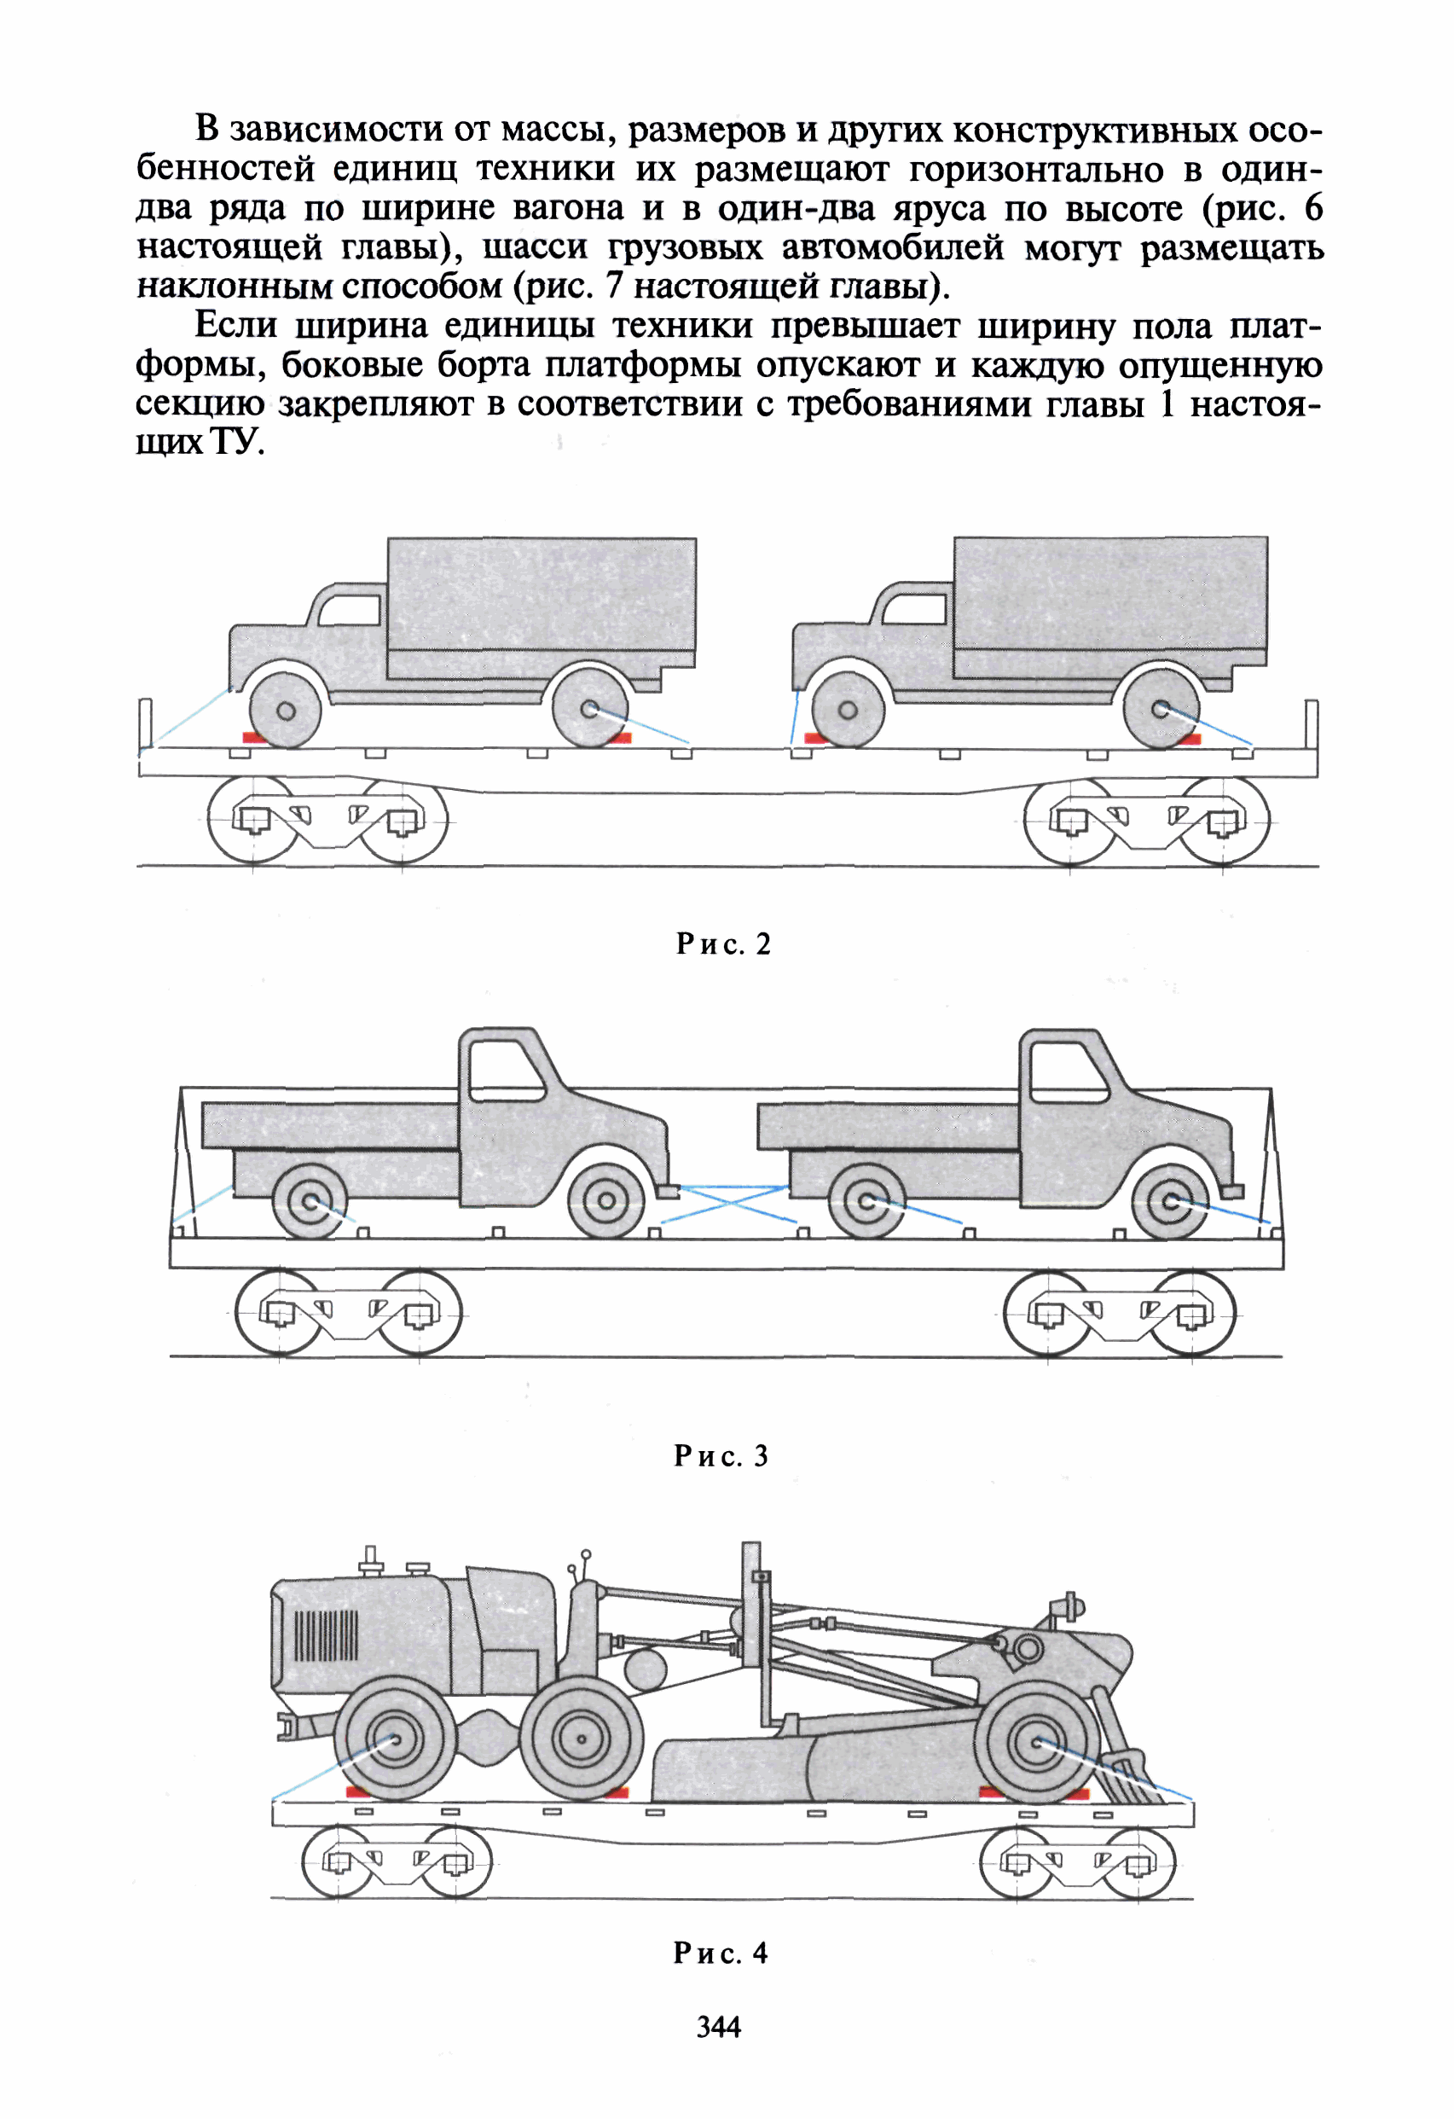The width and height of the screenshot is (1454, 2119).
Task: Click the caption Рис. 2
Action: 723,944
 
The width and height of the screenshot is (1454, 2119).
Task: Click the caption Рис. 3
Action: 721,1456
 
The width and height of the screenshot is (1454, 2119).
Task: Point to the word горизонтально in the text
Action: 1036,170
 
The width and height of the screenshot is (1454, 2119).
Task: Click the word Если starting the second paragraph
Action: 235,326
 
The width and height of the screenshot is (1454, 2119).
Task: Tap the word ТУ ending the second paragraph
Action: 237,442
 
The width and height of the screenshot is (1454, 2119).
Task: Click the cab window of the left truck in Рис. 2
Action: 351,610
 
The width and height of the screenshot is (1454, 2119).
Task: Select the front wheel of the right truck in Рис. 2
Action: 848,711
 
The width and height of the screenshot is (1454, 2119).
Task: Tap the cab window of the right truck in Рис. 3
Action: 1067,1072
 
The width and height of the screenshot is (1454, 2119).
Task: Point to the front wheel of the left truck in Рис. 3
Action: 606,1201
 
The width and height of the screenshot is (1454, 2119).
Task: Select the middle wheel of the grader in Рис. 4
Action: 581,1738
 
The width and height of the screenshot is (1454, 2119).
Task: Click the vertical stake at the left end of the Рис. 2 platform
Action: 146,725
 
